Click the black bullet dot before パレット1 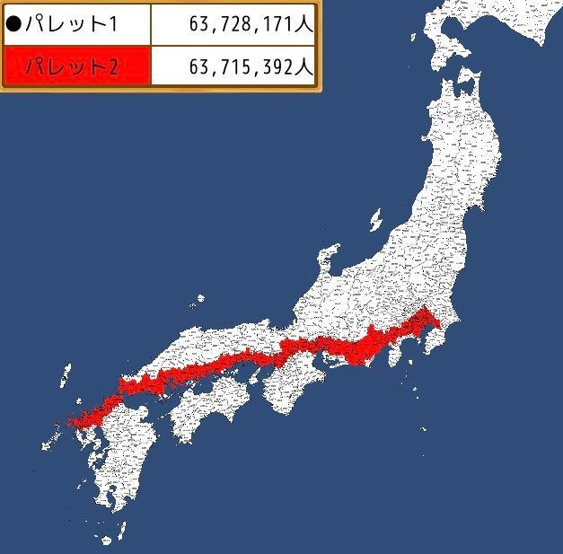(x=14, y=23)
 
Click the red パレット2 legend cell (x=75, y=66)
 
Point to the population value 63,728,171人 (x=251, y=24)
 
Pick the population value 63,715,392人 (x=251, y=66)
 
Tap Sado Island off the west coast (x=376, y=218)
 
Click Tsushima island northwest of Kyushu (x=65, y=374)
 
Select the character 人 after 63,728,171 (x=305, y=24)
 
